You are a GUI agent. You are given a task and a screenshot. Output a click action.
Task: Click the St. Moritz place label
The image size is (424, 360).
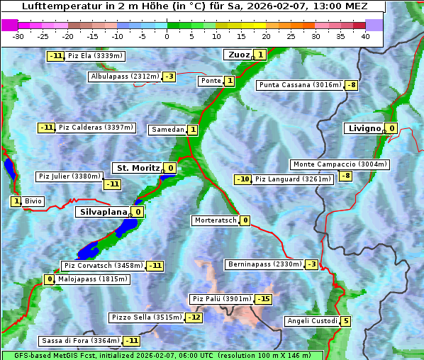[x=138, y=168]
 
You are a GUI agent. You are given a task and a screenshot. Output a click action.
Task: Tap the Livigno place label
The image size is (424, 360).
[x=364, y=128]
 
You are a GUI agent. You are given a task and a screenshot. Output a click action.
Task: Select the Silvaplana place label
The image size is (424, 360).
[x=103, y=211]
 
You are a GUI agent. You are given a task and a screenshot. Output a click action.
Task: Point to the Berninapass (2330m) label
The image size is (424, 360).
[x=264, y=264]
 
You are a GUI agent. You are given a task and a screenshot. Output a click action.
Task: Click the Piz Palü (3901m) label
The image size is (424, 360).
[x=221, y=299]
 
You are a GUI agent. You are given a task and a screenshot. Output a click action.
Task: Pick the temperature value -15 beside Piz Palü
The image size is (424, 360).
[x=263, y=299]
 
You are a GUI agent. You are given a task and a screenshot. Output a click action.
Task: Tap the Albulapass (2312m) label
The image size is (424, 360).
[x=125, y=77]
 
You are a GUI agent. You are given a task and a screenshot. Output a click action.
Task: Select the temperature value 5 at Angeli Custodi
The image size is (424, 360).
[x=345, y=321]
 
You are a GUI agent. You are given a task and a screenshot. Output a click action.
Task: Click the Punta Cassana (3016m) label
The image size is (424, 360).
[x=300, y=85]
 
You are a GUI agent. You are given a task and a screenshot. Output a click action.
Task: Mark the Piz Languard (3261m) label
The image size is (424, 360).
[x=293, y=179]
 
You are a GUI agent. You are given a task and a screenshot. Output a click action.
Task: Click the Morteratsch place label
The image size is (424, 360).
[x=215, y=220]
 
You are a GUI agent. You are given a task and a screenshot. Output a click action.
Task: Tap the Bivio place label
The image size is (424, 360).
[x=33, y=201]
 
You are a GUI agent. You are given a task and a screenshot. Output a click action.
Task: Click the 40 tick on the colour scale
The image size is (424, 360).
[x=365, y=36]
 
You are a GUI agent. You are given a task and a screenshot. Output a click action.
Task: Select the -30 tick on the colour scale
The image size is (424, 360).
[x=18, y=36]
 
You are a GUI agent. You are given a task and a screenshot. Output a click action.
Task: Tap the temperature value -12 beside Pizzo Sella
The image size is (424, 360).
[x=194, y=317]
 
